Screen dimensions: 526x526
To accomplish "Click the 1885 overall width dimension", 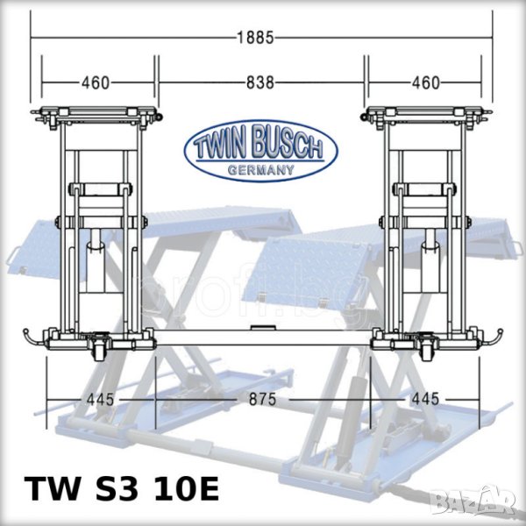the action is tap(255, 38).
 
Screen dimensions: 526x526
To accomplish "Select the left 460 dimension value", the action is tap(96, 83).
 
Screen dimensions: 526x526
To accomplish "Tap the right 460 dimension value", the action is tap(426, 83).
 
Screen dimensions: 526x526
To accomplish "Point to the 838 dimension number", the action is tap(260, 82).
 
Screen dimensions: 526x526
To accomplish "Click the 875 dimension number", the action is tap(263, 399).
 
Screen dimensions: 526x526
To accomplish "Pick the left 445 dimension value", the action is tap(100, 399).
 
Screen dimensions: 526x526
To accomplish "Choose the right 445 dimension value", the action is tap(425, 399).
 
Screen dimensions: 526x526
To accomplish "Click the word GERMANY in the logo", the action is tap(261, 170).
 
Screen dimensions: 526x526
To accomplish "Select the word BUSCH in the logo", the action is tap(287, 141).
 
